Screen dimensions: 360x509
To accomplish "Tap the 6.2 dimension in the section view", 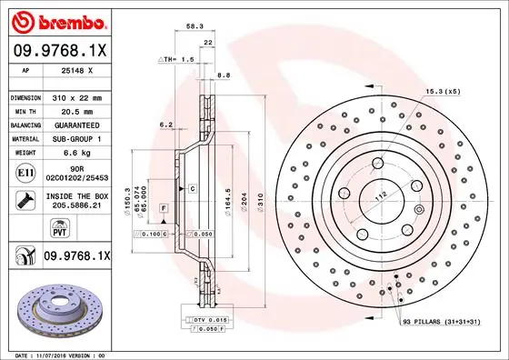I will (x=165, y=125).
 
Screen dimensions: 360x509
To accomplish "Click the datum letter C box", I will (x=194, y=187).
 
